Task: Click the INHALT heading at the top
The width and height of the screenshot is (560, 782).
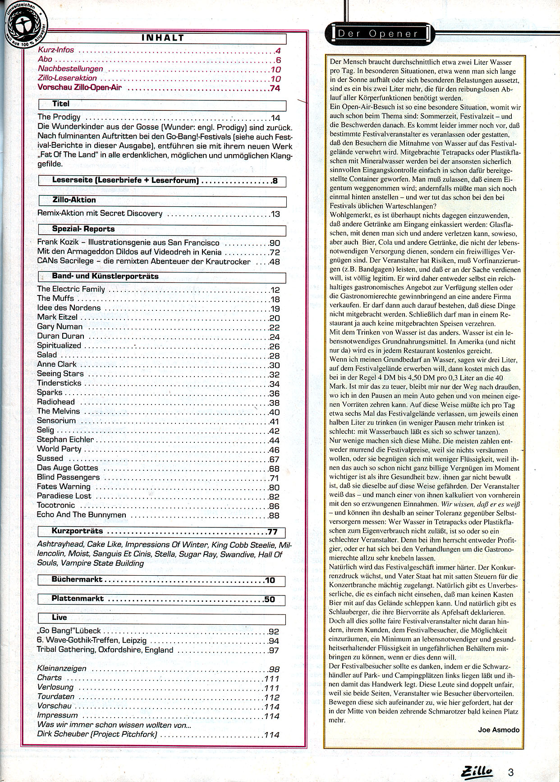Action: [x=162, y=38]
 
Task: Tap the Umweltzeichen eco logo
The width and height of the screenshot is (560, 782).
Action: [x=23, y=22]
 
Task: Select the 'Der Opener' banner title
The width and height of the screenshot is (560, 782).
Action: [x=378, y=33]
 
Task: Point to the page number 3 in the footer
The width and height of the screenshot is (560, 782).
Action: [x=511, y=772]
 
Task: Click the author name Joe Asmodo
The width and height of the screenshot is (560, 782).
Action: [x=499, y=730]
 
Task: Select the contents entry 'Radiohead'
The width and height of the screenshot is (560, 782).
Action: [x=56, y=402]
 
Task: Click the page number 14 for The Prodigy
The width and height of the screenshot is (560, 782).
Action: [x=275, y=118]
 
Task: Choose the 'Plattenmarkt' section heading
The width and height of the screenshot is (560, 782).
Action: [x=78, y=599]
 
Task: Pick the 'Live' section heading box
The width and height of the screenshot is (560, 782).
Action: [x=59, y=618]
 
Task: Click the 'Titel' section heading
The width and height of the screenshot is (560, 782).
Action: [x=61, y=104]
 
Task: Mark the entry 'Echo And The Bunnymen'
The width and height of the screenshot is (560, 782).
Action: [x=82, y=515]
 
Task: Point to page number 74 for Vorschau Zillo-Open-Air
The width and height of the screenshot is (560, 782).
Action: [x=275, y=88]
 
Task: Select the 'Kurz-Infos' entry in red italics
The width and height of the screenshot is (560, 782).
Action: [x=56, y=50]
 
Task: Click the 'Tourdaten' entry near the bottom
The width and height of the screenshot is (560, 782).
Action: [x=56, y=696]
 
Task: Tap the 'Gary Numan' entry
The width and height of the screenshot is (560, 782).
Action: [x=60, y=327]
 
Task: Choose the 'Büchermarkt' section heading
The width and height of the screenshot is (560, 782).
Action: [x=77, y=580]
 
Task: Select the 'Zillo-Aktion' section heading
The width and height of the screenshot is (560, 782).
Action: [x=74, y=200]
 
